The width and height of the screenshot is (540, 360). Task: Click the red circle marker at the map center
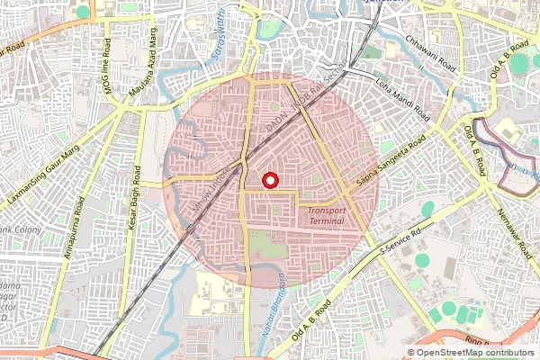pos(269,180)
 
